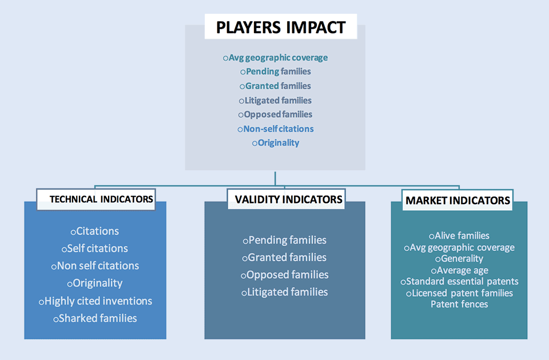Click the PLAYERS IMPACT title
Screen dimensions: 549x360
(x=281, y=27)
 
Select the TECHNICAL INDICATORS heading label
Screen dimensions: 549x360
(x=101, y=199)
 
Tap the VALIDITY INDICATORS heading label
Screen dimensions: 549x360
(x=288, y=199)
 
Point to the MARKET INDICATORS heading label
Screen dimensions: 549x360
(x=457, y=201)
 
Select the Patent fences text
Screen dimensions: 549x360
(x=459, y=304)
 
